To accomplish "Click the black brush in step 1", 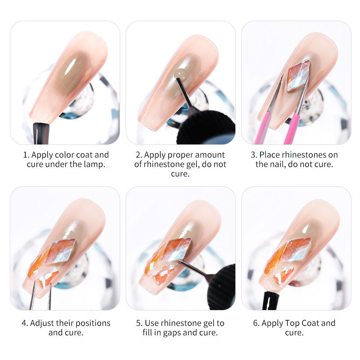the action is pyautogui.click(x=41, y=134).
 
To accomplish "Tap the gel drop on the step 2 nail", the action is pyautogui.click(x=180, y=74).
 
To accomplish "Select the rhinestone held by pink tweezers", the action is pyautogui.click(x=298, y=76).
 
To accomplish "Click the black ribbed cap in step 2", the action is pyautogui.click(x=207, y=128).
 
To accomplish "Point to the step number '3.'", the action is pyautogui.click(x=254, y=155).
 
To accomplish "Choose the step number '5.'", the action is pyautogui.click(x=139, y=323).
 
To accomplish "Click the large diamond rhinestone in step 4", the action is pyautogui.click(x=60, y=251).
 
